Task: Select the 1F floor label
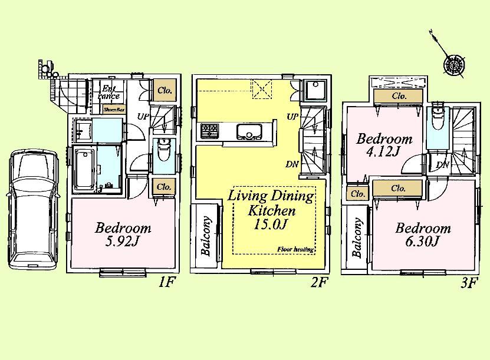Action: (x=167, y=282)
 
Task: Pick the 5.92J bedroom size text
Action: (x=123, y=242)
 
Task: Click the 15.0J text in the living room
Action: (x=271, y=224)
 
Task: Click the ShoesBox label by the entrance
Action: (x=114, y=109)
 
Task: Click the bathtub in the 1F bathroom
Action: (x=85, y=169)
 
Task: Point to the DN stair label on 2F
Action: (x=292, y=164)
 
